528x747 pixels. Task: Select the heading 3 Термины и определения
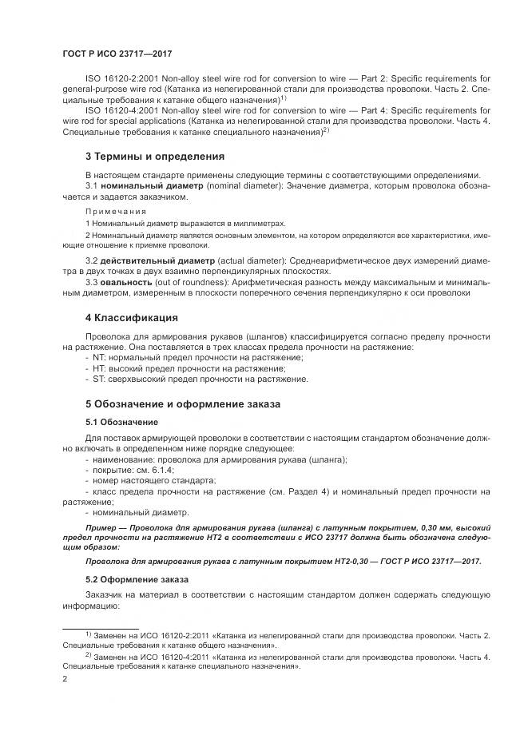click(x=144, y=156)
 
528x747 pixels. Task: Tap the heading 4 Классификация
click(x=131, y=318)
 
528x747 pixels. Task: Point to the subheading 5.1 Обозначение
click(x=121, y=422)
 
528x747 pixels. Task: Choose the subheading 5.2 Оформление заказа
click(x=137, y=578)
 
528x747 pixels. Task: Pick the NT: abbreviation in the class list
click(x=100, y=358)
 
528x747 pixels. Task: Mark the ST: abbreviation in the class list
click(x=100, y=379)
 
